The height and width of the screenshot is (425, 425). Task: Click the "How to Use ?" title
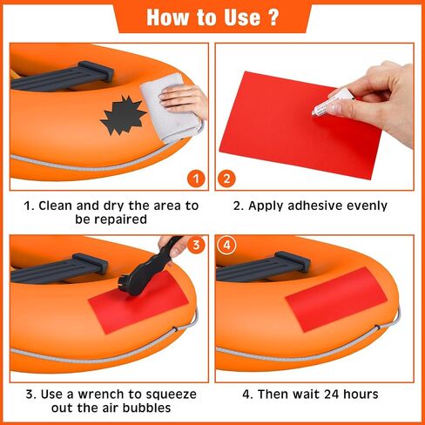click(212, 17)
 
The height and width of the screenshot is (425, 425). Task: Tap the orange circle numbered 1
click(196, 179)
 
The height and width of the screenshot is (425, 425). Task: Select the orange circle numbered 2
click(226, 179)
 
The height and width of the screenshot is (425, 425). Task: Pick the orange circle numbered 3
click(196, 245)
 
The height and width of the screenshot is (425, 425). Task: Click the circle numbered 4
click(226, 245)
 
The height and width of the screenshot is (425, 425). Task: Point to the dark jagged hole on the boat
click(124, 115)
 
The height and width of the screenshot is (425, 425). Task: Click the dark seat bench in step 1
click(63, 76)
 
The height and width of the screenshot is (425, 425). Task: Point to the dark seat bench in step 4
click(263, 267)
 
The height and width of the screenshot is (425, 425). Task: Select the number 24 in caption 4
click(332, 395)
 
